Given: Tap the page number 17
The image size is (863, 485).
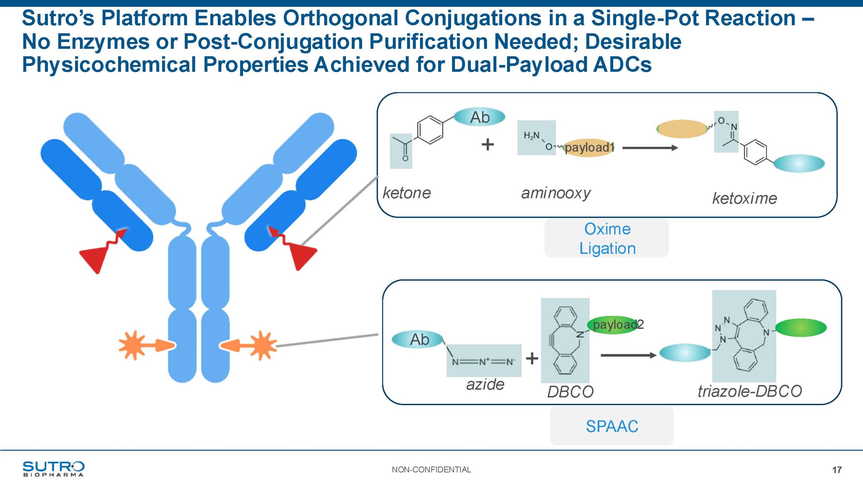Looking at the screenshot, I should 837,470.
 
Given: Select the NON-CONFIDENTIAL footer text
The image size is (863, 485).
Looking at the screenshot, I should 431,470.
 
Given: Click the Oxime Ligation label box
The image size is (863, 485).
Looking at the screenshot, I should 607,238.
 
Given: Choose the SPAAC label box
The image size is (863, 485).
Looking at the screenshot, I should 612,426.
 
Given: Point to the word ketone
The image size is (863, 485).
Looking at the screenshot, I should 407,193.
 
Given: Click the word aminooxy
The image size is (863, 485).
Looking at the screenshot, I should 556,193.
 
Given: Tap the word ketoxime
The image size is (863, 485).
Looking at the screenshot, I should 744,198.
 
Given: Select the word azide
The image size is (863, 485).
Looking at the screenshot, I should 485,384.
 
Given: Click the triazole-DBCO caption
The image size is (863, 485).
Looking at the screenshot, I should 750,391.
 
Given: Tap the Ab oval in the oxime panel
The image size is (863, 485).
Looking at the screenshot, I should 479,117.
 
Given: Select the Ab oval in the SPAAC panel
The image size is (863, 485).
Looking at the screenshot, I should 418,339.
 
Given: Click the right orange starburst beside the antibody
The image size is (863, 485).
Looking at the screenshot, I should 262,346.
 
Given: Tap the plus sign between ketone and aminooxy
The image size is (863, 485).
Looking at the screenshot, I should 487,145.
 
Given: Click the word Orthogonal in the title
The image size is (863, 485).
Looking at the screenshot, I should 340,18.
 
